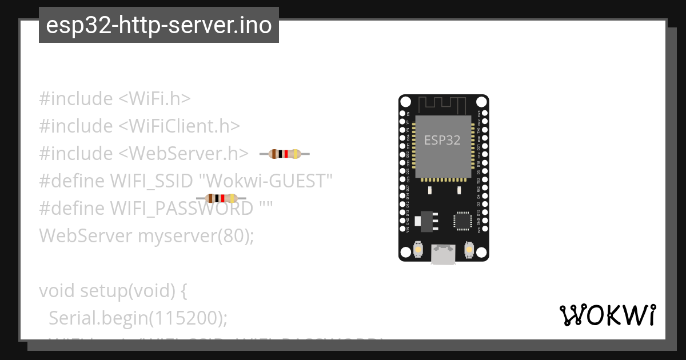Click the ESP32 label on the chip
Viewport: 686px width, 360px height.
click(442, 140)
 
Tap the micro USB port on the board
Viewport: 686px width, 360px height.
click(444, 255)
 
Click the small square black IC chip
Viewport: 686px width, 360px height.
click(462, 221)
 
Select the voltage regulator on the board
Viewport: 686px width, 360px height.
click(426, 220)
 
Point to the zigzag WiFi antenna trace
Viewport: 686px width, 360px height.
click(444, 106)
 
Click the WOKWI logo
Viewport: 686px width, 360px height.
click(607, 315)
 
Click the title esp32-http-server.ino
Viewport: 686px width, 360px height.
click(158, 25)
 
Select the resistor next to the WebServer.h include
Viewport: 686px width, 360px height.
click(285, 154)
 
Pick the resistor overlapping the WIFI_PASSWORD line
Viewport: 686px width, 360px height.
click(221, 198)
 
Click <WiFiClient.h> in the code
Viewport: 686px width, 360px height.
click(179, 126)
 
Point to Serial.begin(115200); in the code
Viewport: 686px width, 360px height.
click(138, 318)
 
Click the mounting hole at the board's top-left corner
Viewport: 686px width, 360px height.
click(405, 102)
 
